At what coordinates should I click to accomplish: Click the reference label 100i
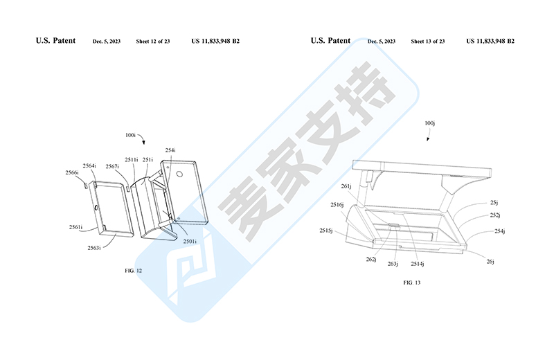(x=132, y=134)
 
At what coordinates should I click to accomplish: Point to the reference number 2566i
(x=72, y=172)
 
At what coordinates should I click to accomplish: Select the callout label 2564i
(x=89, y=165)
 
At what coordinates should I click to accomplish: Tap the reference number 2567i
(x=112, y=166)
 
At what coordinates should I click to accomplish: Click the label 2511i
(x=131, y=160)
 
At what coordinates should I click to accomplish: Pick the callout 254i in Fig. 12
(x=170, y=150)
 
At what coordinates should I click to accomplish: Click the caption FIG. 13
(x=411, y=282)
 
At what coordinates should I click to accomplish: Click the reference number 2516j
(x=337, y=205)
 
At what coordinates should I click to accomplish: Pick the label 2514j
(x=418, y=263)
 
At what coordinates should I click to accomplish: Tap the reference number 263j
(x=393, y=264)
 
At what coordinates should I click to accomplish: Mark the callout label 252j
(x=494, y=215)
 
